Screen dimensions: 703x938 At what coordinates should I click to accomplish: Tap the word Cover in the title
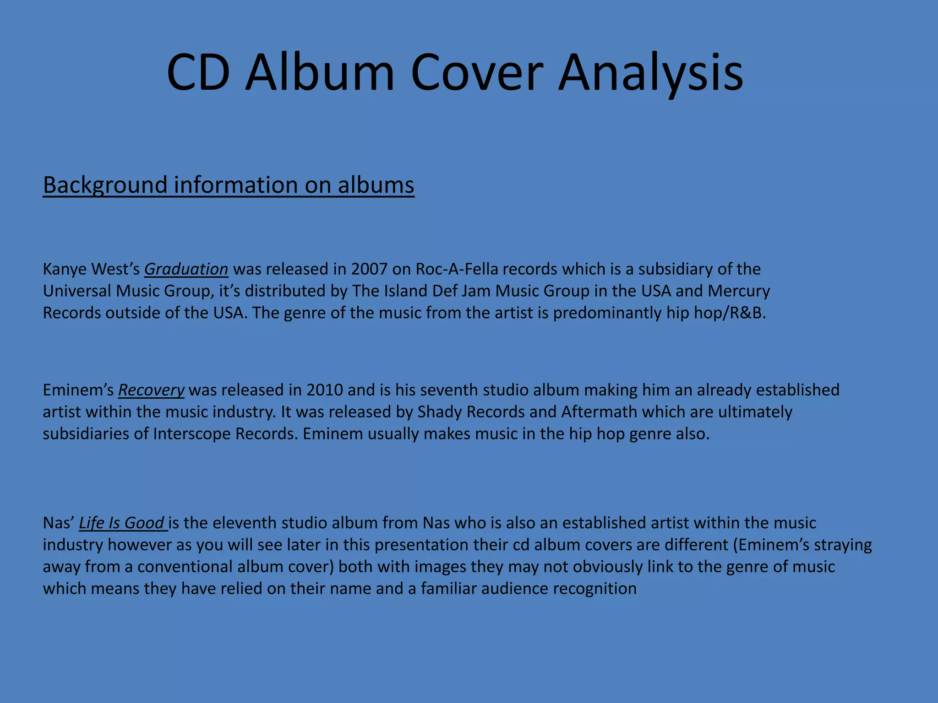pos(477,73)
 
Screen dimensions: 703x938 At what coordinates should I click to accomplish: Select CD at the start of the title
pos(198,73)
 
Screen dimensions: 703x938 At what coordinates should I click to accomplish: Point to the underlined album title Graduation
pos(186,269)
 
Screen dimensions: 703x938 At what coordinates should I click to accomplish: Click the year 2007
pos(369,269)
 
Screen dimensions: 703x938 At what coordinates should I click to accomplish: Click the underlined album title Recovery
pos(151,390)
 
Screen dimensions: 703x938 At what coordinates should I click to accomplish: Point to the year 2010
pos(324,390)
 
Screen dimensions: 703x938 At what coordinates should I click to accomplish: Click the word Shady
pos(439,412)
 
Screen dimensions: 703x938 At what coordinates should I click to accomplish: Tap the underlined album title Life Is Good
pos(122,523)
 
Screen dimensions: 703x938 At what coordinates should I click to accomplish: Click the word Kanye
pos(65,269)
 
